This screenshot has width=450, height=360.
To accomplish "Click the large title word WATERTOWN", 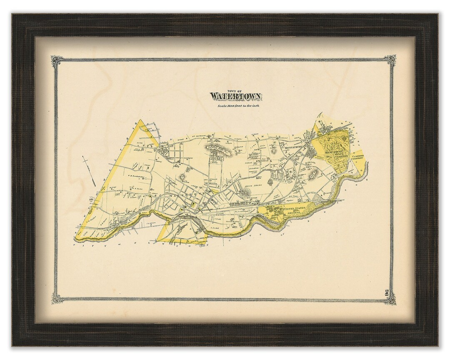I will pyautogui.click(x=236, y=97).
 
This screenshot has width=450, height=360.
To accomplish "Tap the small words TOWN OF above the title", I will pyautogui.click(x=235, y=89).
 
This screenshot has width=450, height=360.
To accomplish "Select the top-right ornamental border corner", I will pyautogui.click(x=391, y=60).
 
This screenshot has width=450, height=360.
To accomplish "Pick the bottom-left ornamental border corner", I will pyautogui.click(x=57, y=297).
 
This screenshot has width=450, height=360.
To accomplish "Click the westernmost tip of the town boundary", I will pyautogui.click(x=75, y=239).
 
